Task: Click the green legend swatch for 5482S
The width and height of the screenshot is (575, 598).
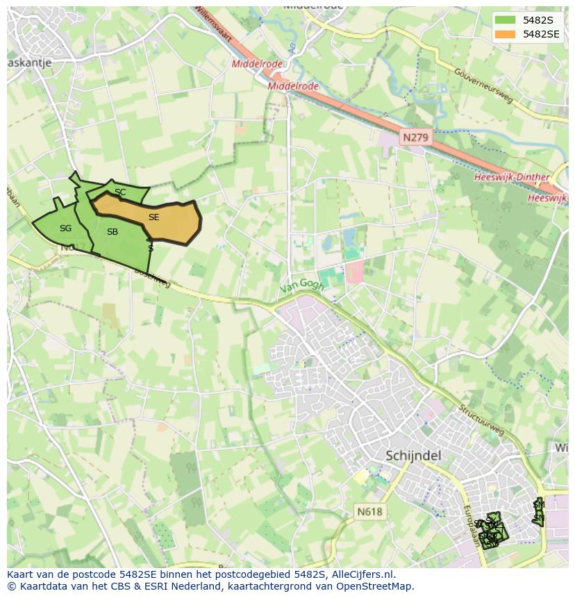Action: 506,20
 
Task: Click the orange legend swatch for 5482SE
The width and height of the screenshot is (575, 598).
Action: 506,34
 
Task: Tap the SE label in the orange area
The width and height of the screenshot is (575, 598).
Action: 153,217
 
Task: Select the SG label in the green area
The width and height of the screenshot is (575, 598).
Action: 65,229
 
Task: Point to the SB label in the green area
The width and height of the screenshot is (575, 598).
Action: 112,232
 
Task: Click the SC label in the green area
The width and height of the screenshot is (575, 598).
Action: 120,192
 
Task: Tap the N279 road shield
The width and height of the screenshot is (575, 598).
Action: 415,138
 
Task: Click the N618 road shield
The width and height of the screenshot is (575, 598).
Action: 369,512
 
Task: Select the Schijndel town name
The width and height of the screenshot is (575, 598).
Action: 413,456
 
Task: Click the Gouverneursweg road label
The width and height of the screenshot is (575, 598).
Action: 483,85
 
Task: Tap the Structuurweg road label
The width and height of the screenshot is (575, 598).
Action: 480,420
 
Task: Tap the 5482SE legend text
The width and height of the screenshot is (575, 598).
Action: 541,34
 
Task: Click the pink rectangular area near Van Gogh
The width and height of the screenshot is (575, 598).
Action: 354,272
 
